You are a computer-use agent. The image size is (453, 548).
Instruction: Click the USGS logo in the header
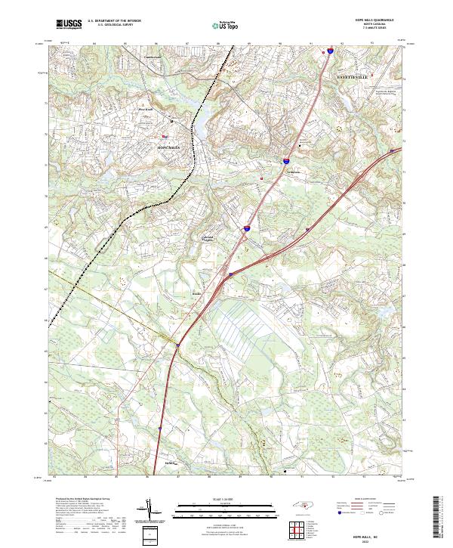click(x=69, y=24)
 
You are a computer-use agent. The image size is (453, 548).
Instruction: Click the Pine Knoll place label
click(x=146, y=109)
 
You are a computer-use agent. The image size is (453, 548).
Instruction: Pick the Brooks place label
click(x=196, y=292)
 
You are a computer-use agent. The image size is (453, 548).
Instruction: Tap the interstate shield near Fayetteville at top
click(x=331, y=52)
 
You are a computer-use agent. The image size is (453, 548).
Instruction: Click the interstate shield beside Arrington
click(x=286, y=161)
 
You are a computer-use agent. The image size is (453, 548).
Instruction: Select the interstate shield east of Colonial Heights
click(x=246, y=227)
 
